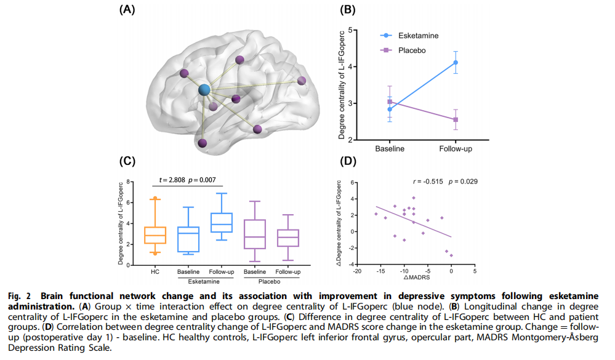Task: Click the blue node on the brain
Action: coord(204,90)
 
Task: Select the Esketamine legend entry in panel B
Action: coord(409,36)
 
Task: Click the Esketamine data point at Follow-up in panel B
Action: coord(456,63)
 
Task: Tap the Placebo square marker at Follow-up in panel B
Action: coord(456,119)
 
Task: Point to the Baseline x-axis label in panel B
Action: coord(390,149)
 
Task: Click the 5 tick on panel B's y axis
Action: coord(350,30)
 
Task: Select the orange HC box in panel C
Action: coord(155,235)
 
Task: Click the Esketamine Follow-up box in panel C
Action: coord(222,223)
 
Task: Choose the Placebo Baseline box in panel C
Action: coord(255,234)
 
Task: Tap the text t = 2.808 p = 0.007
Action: coord(188,180)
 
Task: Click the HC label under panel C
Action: coord(155,272)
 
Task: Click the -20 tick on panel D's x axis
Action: coord(357,271)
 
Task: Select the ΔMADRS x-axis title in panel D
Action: coord(417,278)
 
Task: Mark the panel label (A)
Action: coord(127,9)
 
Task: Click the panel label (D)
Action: coord(347,161)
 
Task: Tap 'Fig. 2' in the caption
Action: coord(19,296)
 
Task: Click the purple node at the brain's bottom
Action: coord(203,143)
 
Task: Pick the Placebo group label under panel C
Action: coord(270,282)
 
